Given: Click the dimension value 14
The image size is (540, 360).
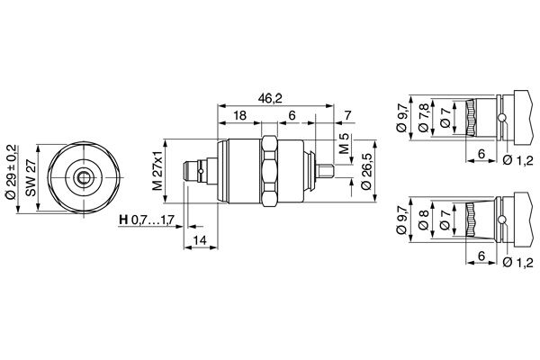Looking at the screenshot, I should coord(201,240).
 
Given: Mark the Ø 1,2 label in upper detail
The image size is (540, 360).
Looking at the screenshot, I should coord(517,160).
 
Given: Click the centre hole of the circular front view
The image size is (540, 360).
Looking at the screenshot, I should coord(83,176).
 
